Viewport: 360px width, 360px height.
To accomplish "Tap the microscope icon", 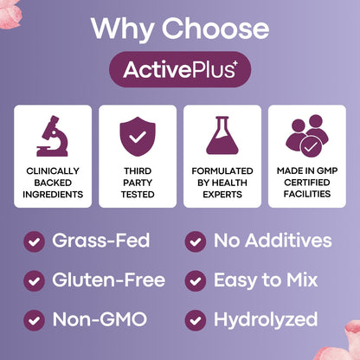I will point(53,135).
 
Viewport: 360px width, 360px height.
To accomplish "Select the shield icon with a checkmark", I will point(137,135).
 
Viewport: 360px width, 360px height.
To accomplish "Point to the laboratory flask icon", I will point(222,135).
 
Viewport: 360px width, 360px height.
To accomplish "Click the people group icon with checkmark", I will point(306,135).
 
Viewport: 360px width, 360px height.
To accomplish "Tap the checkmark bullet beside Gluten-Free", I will point(35,280).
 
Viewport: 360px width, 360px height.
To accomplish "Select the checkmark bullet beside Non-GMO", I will point(35,319).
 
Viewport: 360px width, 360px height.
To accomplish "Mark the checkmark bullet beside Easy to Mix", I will point(196,280).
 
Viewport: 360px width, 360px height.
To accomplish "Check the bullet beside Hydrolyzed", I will point(196,319).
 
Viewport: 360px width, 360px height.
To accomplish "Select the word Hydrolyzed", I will point(267,319).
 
